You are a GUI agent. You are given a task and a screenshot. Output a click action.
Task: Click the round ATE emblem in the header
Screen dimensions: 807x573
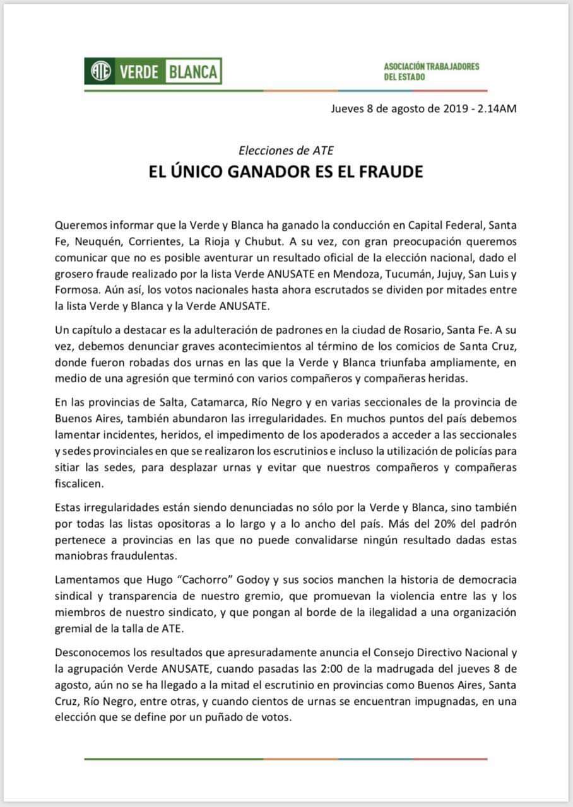point(98,71)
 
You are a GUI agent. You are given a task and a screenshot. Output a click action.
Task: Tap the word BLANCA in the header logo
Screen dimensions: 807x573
point(192,71)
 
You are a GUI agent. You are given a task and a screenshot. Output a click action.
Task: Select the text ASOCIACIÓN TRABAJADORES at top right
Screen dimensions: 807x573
point(431,66)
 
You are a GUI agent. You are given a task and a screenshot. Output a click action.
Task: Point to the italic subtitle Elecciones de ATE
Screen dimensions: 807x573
point(286,150)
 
